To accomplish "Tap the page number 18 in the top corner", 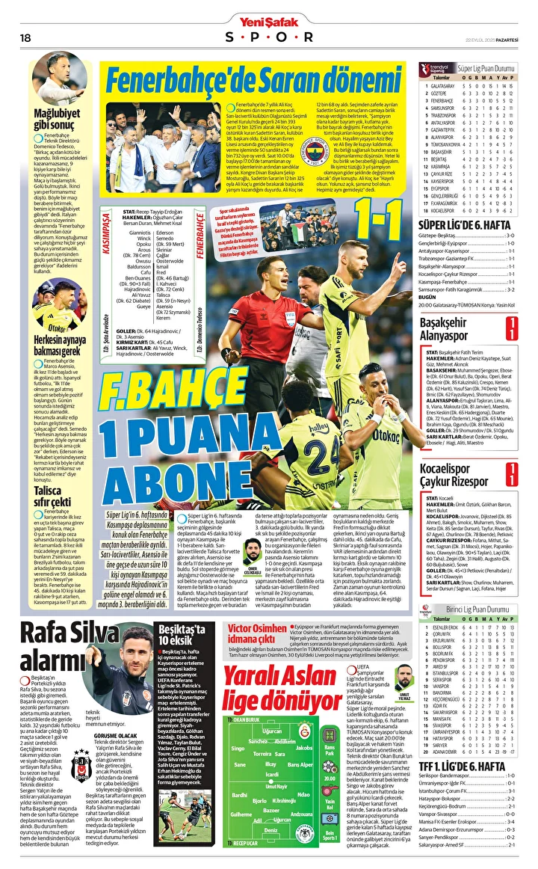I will point(25,37).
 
